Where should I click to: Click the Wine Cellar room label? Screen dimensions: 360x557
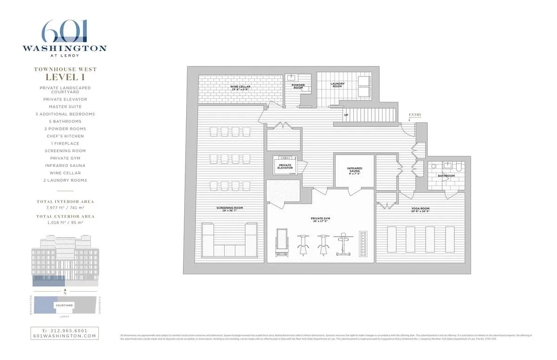point(241,87)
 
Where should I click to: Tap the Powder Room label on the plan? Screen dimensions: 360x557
point(298,86)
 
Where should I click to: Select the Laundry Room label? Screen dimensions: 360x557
point(337,85)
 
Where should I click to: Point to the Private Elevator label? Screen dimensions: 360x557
point(285,167)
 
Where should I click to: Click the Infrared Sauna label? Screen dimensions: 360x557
point(355,170)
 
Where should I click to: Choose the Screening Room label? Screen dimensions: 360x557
point(229,209)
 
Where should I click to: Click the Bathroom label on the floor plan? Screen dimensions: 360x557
point(446,176)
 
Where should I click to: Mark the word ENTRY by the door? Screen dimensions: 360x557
point(415,114)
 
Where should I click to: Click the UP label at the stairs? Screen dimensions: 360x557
point(346,115)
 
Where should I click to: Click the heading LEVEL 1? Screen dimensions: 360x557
point(65,77)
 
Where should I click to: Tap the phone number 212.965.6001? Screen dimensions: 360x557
point(65,330)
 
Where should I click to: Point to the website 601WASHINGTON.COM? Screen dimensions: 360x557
point(65,336)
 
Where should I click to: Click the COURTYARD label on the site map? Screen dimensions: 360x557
point(65,305)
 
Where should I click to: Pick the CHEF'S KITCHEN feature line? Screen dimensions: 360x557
point(65,136)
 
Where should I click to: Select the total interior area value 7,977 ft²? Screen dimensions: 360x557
point(51,209)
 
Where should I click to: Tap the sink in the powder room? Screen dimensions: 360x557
point(292,77)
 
